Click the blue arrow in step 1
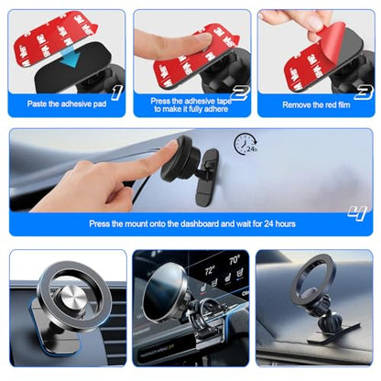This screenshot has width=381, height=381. coord(71,58)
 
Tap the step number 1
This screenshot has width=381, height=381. coord(117,93)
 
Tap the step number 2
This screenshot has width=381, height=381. coord(240,93)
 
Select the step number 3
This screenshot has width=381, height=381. coord(364,93)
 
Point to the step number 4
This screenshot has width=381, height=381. coord(357,213)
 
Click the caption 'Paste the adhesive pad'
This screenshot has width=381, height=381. coord(67,103)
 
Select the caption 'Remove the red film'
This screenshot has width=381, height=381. coord(316,105)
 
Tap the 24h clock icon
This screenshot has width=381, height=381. coord(245,144)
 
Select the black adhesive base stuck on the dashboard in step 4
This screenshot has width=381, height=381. coord(207,178)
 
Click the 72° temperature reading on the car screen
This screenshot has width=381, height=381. coord(210,270)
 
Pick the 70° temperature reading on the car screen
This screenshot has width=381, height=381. coord(234,260)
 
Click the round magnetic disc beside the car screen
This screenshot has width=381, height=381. coord(165,291)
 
